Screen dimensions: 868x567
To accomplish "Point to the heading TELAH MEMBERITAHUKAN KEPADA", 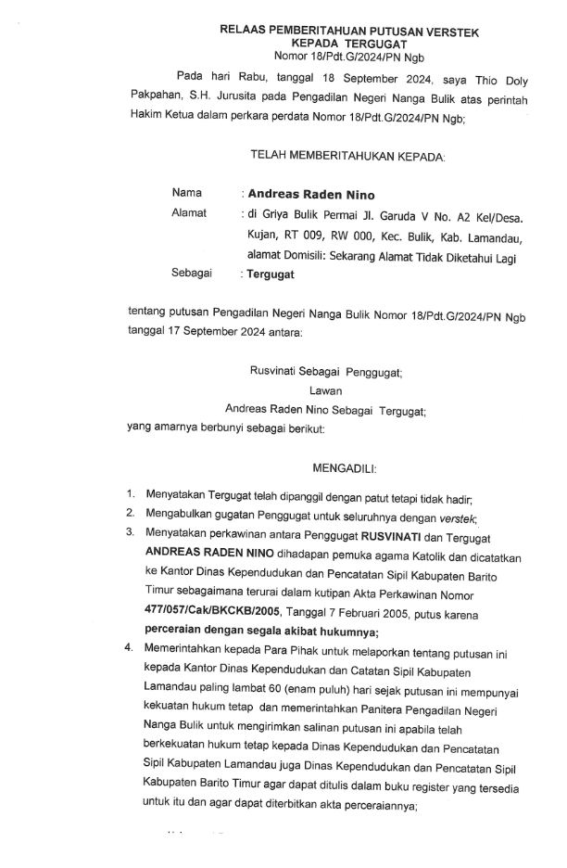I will click(x=335, y=157).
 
